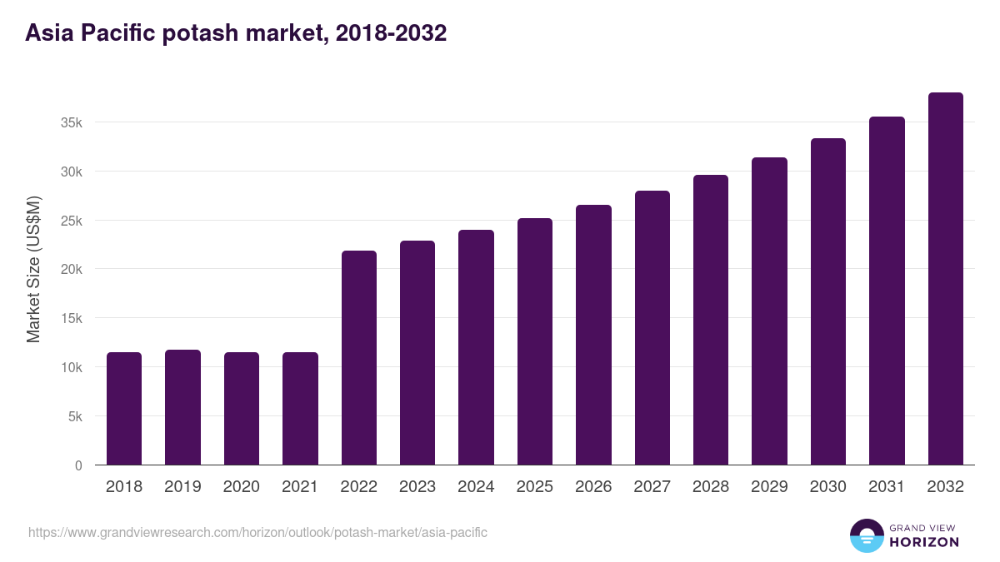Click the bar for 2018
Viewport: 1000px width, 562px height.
click(x=124, y=409)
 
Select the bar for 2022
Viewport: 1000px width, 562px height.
click(x=358, y=358)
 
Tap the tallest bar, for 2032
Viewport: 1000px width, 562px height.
click(x=945, y=279)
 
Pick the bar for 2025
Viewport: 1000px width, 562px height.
click(x=534, y=341)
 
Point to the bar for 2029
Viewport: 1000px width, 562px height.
click(x=769, y=311)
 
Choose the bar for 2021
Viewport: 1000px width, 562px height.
click(x=300, y=409)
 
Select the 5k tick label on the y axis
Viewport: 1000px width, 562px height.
click(x=75, y=416)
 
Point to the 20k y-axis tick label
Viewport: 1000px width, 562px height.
click(x=72, y=270)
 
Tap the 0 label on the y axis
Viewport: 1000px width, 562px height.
click(x=78, y=465)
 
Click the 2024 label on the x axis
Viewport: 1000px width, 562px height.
click(x=476, y=487)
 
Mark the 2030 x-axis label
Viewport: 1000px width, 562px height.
click(x=827, y=487)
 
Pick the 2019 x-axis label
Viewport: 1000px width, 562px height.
click(x=182, y=487)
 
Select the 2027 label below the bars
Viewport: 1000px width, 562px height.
click(x=652, y=487)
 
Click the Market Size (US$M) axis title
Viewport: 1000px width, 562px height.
click(x=33, y=269)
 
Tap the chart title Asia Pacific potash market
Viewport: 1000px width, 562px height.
click(x=236, y=33)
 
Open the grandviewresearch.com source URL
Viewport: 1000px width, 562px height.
click(x=257, y=532)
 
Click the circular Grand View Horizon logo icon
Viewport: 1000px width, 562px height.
click(x=867, y=536)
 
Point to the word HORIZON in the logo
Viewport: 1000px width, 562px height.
click(x=924, y=542)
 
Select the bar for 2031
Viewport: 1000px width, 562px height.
click(x=887, y=291)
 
